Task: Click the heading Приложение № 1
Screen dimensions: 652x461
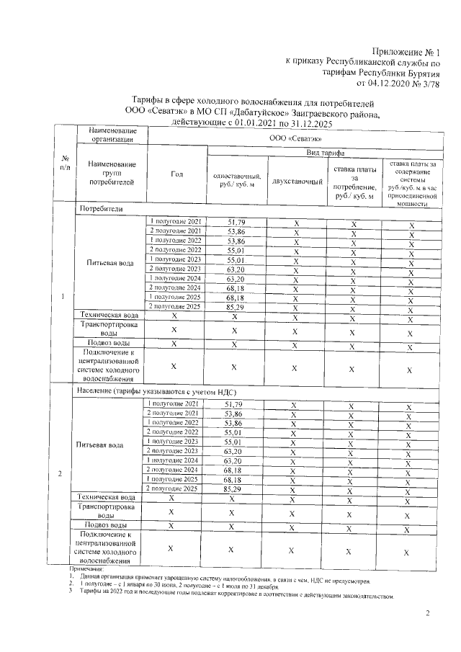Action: [407, 52]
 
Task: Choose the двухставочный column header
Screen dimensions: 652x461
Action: [296, 181]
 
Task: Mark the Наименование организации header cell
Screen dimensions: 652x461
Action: [112, 134]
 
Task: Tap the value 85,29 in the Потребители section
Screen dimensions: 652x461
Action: [235, 307]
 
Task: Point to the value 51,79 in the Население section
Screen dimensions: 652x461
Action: [235, 405]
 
